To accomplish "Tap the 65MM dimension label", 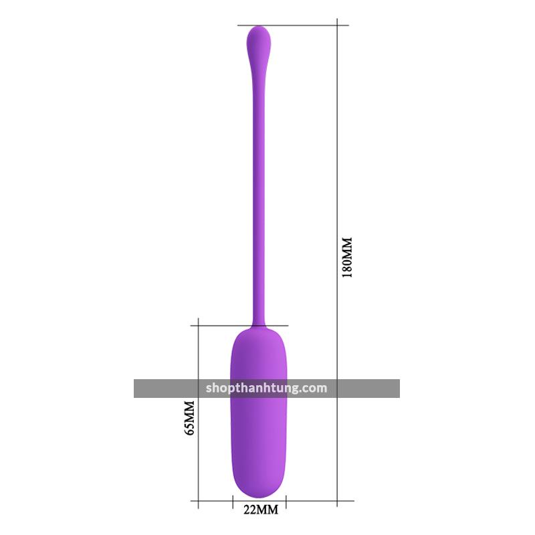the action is coord(189,417).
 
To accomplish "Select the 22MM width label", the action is coord(261,510).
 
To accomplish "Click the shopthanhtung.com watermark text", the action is coord(266,389).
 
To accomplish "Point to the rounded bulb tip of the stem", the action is coord(259,39).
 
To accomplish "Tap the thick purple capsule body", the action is coord(259,413).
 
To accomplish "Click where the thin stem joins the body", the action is coord(259,326).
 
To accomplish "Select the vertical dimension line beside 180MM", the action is coord(337,263).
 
